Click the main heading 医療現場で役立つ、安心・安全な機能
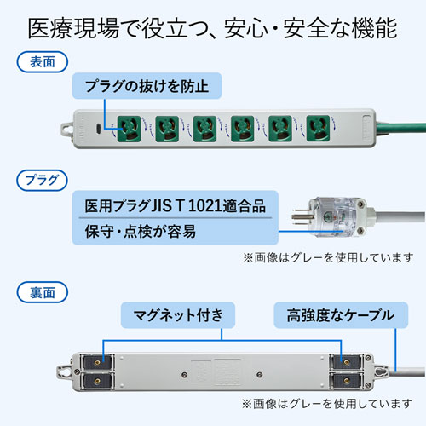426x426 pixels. [212, 29]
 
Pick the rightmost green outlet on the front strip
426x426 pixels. [317, 129]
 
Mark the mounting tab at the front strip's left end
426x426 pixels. [66, 129]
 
